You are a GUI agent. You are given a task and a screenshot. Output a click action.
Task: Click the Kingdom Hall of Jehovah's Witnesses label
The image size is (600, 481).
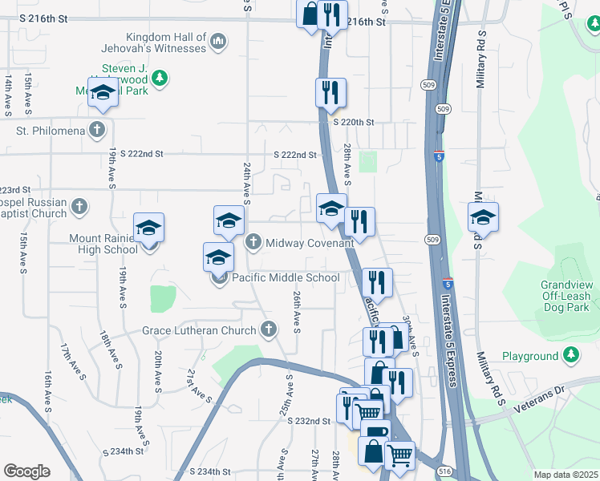[166, 42]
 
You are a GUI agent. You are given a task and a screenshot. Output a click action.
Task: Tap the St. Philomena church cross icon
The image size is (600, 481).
[97, 130]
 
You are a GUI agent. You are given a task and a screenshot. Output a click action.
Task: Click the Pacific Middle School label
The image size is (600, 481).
[286, 278]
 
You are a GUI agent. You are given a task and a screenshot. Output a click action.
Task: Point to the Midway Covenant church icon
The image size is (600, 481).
[253, 242]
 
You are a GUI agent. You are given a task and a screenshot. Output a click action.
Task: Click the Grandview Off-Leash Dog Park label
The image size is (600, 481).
[555, 296]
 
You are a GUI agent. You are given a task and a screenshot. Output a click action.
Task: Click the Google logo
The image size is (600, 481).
[26, 471]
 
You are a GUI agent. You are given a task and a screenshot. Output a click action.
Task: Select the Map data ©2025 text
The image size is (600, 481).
[566, 475]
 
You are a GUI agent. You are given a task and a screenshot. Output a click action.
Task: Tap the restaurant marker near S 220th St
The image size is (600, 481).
[330, 93]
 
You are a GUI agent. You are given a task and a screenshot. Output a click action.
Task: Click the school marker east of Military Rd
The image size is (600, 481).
[483, 217]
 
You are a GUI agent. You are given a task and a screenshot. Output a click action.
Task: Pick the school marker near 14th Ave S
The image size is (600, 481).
[103, 92]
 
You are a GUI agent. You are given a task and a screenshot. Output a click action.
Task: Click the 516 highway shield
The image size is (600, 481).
[444, 471]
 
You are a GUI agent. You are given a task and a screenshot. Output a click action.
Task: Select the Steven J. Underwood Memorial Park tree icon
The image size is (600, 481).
[160, 77]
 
